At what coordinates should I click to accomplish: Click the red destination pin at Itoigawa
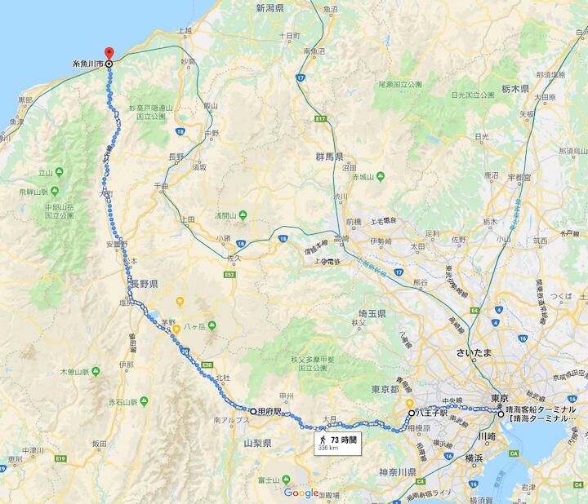[x=109, y=53]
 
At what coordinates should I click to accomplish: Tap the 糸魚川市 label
[x=87, y=64]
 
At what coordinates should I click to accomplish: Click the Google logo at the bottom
[x=301, y=493]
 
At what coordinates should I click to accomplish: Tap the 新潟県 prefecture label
[x=269, y=9]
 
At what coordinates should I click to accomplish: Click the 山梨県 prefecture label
[x=257, y=443]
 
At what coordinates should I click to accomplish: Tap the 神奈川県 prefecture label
[x=399, y=472]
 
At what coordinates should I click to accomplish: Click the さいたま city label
[x=479, y=353]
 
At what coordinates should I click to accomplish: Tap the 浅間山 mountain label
[x=225, y=215]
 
